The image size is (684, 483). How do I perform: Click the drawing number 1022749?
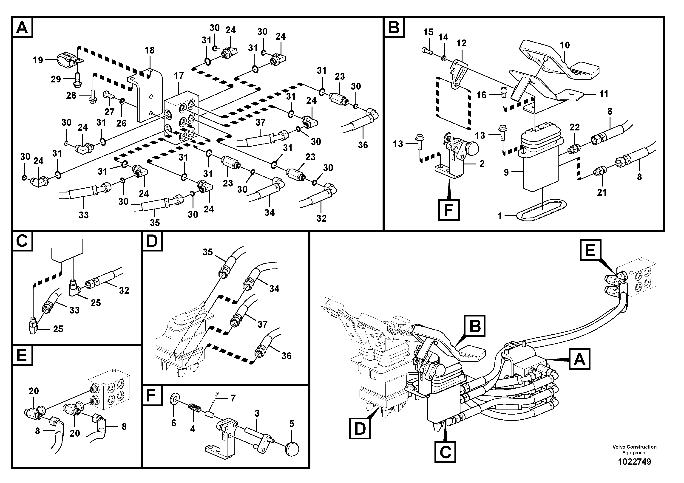[x=634, y=462]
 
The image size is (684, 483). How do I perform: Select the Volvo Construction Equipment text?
[x=634, y=450]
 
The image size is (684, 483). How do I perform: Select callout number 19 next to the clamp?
[x=38, y=60]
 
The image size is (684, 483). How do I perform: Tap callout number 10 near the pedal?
[x=565, y=45]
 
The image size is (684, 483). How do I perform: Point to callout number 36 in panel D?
[x=286, y=356]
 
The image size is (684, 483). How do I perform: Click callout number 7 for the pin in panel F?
[x=233, y=398]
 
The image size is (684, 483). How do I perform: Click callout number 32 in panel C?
[x=124, y=290]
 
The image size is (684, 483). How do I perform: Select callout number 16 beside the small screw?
[x=481, y=95]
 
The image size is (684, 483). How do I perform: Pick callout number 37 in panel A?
[x=260, y=122]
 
